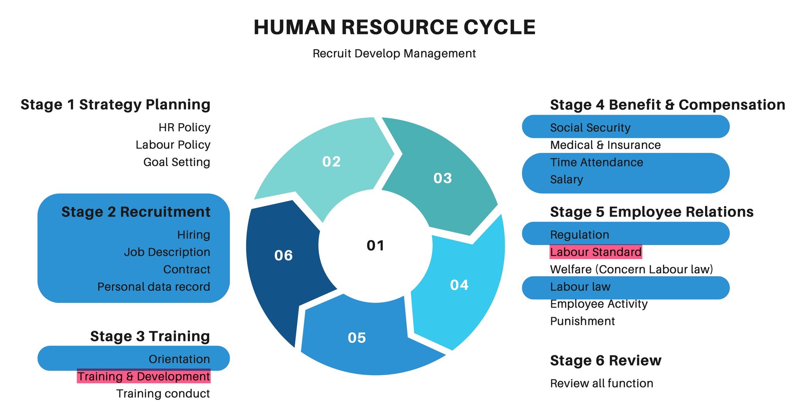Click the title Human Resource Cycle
tap(394, 27)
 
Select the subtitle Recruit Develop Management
tap(394, 54)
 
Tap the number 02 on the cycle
tap(331, 162)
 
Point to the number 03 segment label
tap(443, 178)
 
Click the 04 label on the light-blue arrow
tap(459, 285)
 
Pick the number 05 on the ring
tap(357, 338)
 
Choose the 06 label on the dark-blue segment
tap(284, 256)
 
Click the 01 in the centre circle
tap(375, 245)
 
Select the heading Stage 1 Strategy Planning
tap(115, 105)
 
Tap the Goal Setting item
tap(177, 162)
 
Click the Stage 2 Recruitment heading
tap(136, 212)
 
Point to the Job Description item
tap(167, 252)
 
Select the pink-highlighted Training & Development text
tap(144, 376)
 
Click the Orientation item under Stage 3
tap(179, 359)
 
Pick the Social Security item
tap(590, 128)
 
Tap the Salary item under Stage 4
tap(566, 179)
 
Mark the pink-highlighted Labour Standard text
tap(596, 252)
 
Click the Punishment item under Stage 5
tap(582, 321)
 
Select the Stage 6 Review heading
tap(605, 360)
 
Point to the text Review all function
tap(602, 383)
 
